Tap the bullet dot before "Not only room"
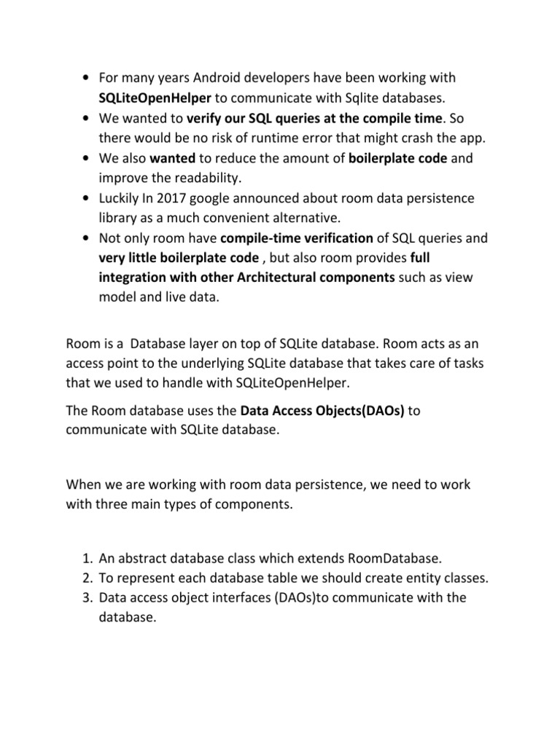pyautogui.click(x=87, y=238)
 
